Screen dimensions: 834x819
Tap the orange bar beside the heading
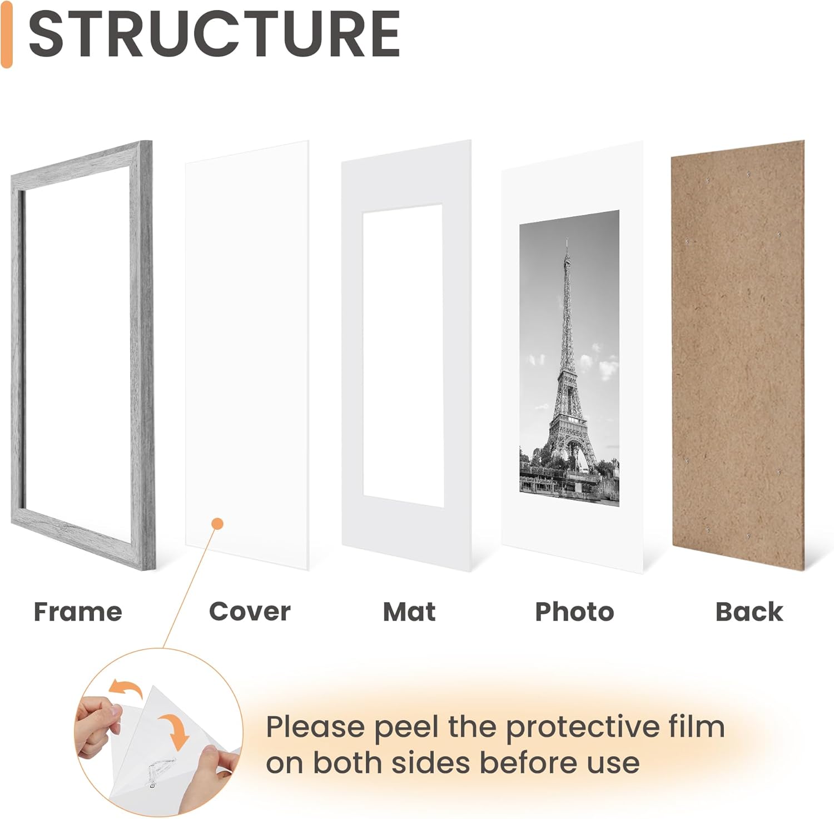7,34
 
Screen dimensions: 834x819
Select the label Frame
78,612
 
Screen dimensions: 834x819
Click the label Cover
250,612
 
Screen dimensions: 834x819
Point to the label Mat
409,612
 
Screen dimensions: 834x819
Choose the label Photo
574,612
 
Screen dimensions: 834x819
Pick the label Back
749,612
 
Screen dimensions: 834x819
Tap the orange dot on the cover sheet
218,524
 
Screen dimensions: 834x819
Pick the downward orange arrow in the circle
174,732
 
